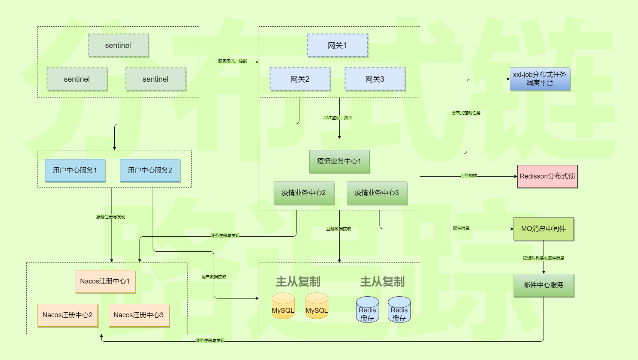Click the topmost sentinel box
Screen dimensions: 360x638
[118, 45]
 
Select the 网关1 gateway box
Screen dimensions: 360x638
[337, 45]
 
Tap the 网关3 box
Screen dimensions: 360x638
[375, 79]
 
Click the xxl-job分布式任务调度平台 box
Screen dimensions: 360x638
[540, 79]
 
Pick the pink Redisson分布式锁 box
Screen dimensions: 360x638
[547, 176]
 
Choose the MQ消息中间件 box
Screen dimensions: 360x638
[544, 229]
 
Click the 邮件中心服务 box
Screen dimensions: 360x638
[544, 285]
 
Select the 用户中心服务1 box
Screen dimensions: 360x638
[75, 170]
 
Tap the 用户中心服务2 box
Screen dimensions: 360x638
[150, 170]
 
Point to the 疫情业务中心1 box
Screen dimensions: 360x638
[339, 161]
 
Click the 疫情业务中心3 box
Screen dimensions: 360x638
[377, 193]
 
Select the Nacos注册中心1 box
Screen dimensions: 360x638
[105, 281]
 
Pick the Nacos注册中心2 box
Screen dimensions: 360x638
[67, 315]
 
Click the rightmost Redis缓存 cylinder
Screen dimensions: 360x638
[399, 310]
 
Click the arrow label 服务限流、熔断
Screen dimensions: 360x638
[232, 61]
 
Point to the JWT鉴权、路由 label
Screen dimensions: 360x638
[338, 118]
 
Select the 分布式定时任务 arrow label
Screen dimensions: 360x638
[466, 113]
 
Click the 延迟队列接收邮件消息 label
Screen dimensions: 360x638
[544, 258]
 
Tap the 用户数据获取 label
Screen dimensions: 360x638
[214, 277]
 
